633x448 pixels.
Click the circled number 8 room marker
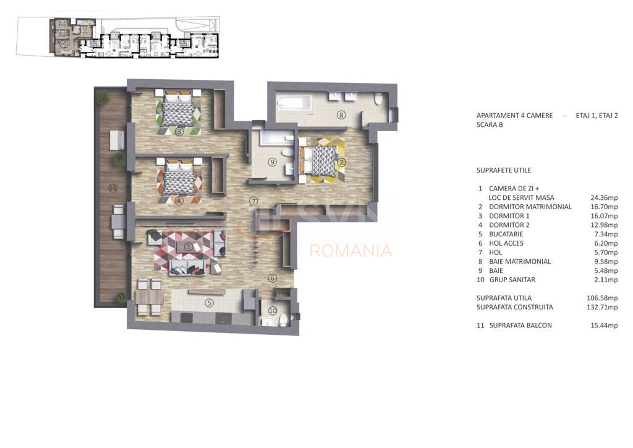341,114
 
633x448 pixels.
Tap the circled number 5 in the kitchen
209,303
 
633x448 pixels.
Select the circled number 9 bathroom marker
272,162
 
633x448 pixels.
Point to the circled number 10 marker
273,311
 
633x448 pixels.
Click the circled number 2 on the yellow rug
341,162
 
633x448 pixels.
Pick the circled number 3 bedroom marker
179,132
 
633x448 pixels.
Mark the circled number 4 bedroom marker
179,200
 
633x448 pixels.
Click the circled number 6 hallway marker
273,278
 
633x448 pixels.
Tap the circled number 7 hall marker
253,200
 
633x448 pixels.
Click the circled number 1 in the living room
189,246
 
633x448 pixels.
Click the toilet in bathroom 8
378,99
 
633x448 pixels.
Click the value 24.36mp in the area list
604,198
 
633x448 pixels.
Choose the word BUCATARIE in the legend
506,235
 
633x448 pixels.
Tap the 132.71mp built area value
602,307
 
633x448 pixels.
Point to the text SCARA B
490,125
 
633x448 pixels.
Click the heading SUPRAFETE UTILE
504,170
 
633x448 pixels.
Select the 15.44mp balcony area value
604,325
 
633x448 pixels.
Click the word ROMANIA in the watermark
351,251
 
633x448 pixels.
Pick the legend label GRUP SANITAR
512,280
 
